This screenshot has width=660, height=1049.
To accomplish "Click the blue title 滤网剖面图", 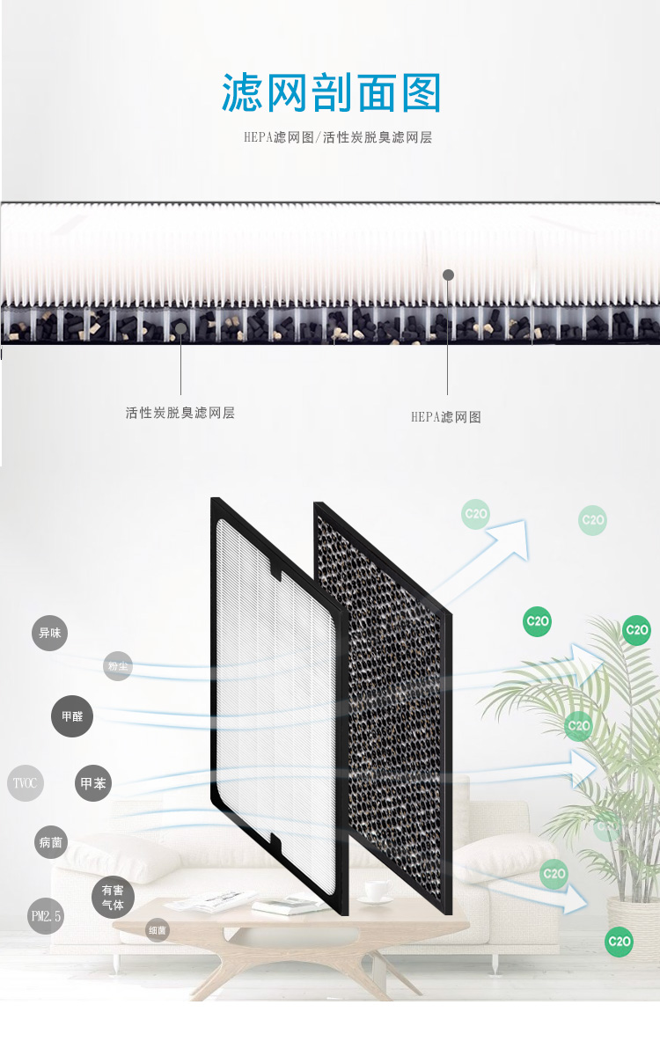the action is click(x=330, y=93).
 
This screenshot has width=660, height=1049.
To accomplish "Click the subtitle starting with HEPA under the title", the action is click(x=338, y=138).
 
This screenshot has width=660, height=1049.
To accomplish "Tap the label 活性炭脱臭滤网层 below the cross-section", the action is click(x=180, y=413).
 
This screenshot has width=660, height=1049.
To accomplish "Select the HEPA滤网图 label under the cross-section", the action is click(x=446, y=417).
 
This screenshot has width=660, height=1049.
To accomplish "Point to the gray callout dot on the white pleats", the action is click(x=448, y=275).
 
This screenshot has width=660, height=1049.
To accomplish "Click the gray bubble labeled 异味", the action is click(x=49, y=633).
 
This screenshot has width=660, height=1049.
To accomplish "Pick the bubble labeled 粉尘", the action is click(x=118, y=666).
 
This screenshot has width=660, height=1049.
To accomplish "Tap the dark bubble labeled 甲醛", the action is click(x=72, y=716).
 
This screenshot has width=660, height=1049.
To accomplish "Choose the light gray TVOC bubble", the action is click(x=25, y=783).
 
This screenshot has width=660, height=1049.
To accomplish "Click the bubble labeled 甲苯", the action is click(x=93, y=783).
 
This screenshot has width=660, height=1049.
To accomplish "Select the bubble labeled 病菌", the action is click(x=51, y=842).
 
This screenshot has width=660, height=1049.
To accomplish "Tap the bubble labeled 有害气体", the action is click(x=113, y=898).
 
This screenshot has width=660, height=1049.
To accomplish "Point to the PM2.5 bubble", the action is click(x=46, y=916).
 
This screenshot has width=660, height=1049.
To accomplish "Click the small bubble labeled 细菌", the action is click(x=158, y=930).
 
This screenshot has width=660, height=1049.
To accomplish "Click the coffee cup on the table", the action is click(x=376, y=891).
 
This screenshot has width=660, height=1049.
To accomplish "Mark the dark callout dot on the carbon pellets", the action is click(x=180, y=329).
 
